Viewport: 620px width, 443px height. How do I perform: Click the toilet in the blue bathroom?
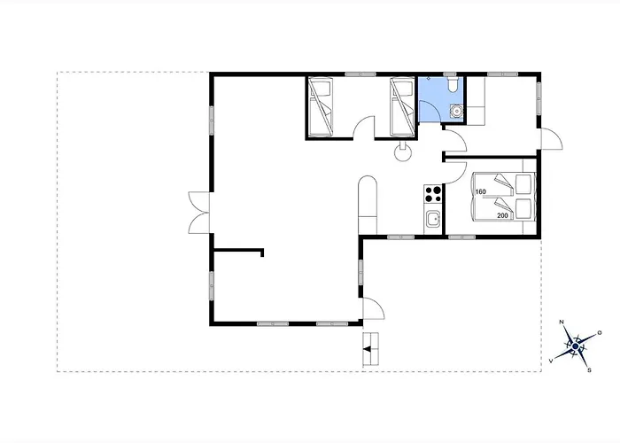point(453,85)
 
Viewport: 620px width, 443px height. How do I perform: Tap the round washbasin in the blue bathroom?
point(457,111)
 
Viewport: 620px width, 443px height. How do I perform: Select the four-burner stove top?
point(433,194)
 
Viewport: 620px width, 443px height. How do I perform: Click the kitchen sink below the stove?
point(433,218)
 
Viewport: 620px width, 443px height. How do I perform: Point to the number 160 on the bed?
point(480,192)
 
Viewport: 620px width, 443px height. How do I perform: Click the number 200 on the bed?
point(502,216)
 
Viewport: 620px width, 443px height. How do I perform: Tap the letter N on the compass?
point(562,322)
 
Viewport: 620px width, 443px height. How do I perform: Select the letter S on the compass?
point(589,370)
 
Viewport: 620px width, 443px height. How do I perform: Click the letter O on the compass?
point(600,333)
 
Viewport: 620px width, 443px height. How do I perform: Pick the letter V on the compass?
point(551,361)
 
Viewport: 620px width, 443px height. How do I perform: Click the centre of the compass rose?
point(576,346)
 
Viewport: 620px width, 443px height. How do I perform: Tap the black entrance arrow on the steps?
point(368,349)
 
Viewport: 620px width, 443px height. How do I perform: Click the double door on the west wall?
point(199,213)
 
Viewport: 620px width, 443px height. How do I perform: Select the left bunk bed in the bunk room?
point(321,107)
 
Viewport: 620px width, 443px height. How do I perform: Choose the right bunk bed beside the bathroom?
point(402,107)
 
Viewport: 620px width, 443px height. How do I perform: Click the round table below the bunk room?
point(403,152)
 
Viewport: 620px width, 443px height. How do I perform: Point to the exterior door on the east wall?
point(551,138)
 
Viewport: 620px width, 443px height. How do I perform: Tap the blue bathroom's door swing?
point(430,111)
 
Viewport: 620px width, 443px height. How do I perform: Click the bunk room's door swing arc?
point(364,128)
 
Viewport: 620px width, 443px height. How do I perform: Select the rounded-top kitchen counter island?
point(368,205)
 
